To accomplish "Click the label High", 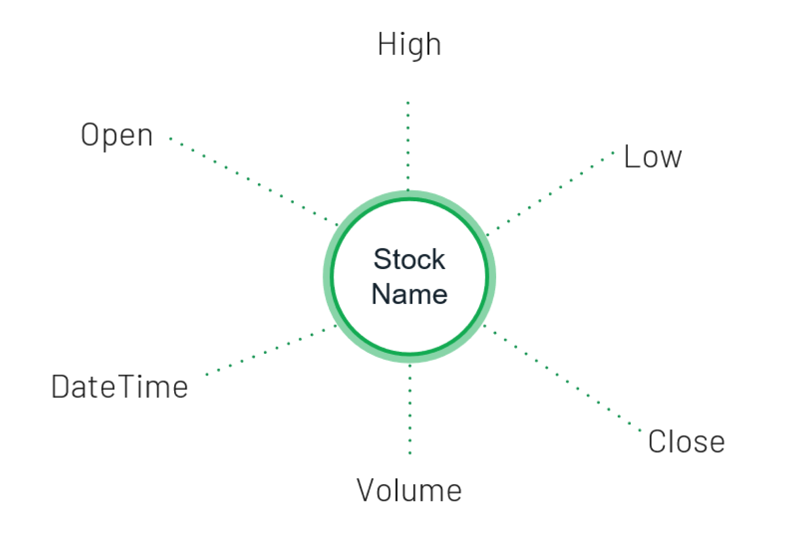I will pyautogui.click(x=409, y=45).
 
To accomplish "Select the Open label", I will pyautogui.click(x=117, y=136).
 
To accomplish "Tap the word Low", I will pyautogui.click(x=653, y=157).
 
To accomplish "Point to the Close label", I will pyautogui.click(x=686, y=442).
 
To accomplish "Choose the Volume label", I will pyautogui.click(x=409, y=490).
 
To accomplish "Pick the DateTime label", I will pyautogui.click(x=120, y=387).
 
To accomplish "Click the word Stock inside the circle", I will pyautogui.click(x=409, y=259).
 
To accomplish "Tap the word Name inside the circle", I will pyautogui.click(x=409, y=294).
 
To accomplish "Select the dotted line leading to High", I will pyautogui.click(x=408, y=146).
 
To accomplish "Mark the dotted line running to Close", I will pyautogui.click(x=562, y=377).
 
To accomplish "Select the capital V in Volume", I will pyautogui.click(x=366, y=490).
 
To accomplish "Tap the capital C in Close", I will pyautogui.click(x=656, y=442).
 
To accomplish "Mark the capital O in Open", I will pyautogui.click(x=89, y=135).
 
